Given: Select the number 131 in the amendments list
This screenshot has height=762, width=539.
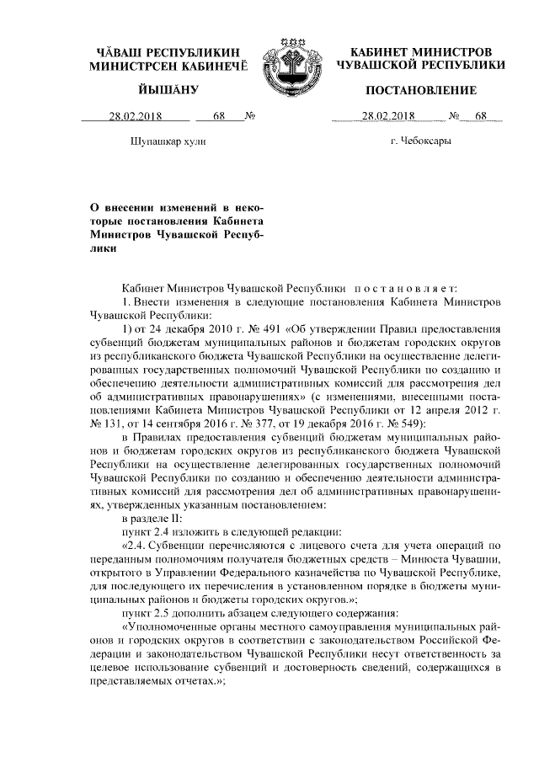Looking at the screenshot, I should click(111, 422).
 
